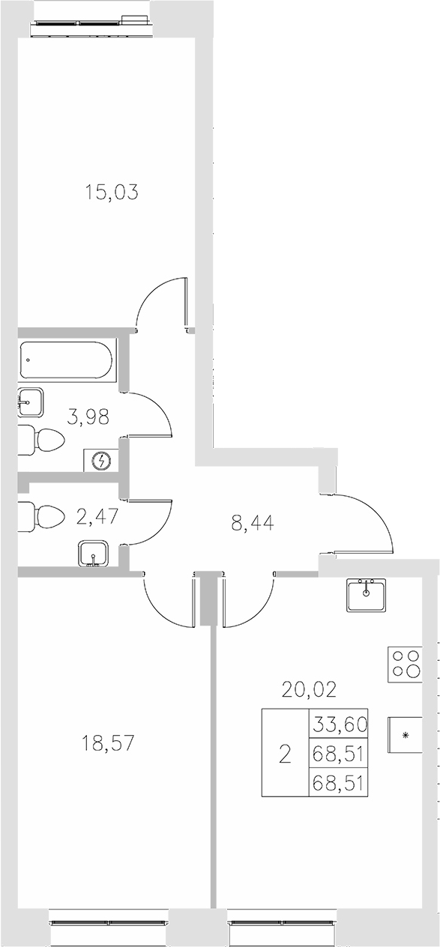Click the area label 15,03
click(x=112, y=193)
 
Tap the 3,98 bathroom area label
click(x=89, y=417)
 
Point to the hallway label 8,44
click(x=253, y=522)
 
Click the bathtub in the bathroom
click(x=67, y=361)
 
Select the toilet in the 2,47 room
click(x=45, y=515)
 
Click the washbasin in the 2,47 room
click(x=94, y=555)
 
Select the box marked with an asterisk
click(x=406, y=734)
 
